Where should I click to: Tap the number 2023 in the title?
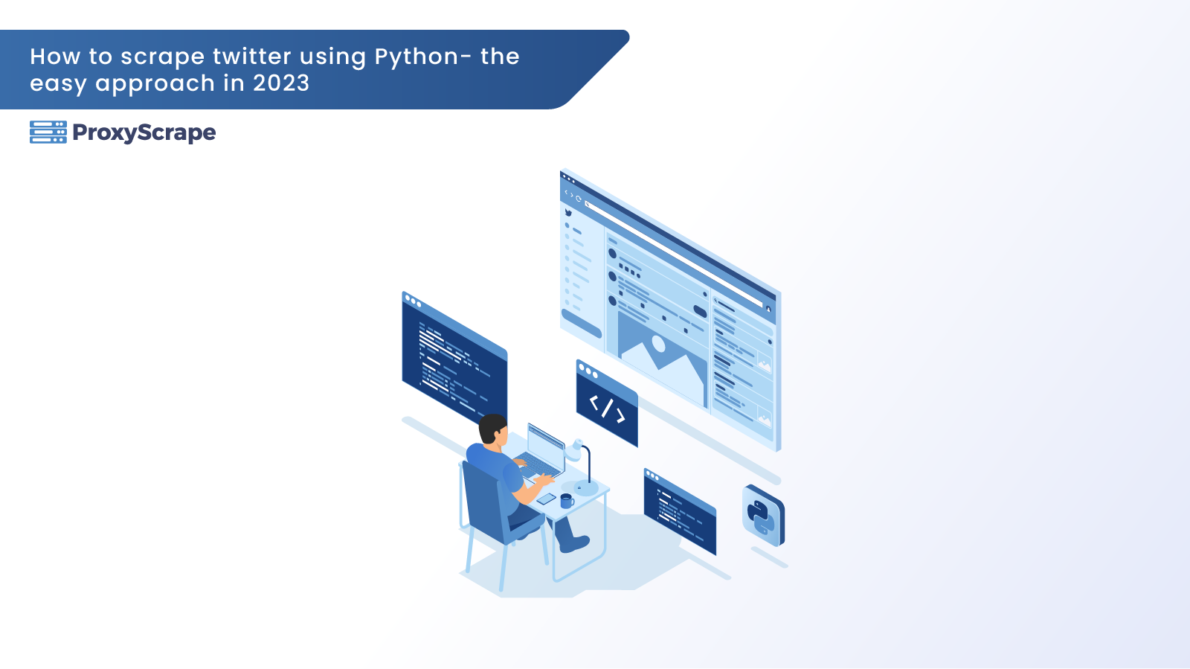[281, 83]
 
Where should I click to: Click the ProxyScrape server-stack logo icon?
[48, 132]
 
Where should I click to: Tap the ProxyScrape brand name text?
[144, 133]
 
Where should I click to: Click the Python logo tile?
[763, 516]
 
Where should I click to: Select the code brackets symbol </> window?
[607, 404]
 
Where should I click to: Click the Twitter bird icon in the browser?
[568, 213]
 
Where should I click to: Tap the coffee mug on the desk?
[567, 501]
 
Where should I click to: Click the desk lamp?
[582, 467]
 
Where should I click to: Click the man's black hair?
[492, 427]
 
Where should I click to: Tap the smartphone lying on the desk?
[546, 499]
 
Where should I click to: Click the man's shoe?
[574, 543]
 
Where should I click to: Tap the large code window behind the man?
[454, 358]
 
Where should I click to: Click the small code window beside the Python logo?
[680, 512]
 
